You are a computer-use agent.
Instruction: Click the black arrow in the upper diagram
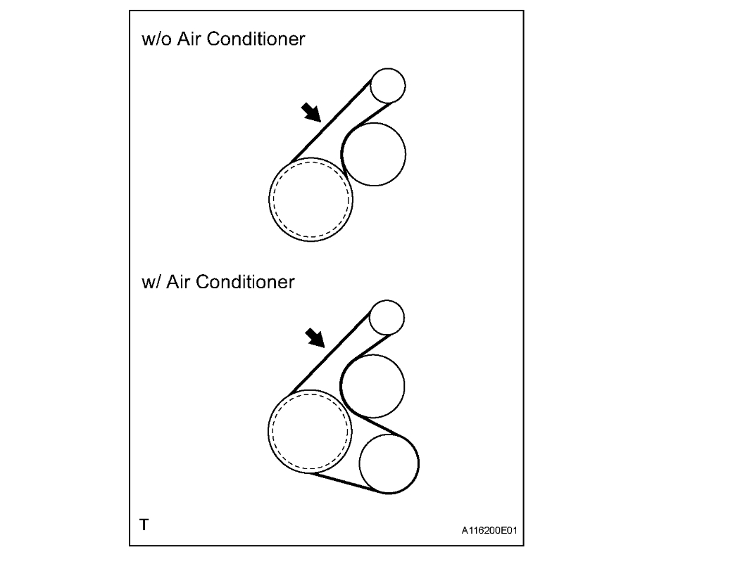pos(310,111)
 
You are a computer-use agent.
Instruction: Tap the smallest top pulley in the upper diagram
pos(388,86)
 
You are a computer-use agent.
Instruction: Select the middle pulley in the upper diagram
pos(373,154)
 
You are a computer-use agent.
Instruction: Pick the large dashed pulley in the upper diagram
pos(311,199)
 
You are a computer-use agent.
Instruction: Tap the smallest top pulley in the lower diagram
pos(387,318)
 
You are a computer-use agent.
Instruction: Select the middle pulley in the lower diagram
pos(372,385)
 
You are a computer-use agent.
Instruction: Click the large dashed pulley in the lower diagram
pos(310,430)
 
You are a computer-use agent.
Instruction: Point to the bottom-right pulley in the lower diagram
pos(389,464)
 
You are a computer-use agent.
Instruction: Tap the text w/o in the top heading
pos(154,39)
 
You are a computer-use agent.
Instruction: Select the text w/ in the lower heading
pos(149,282)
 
